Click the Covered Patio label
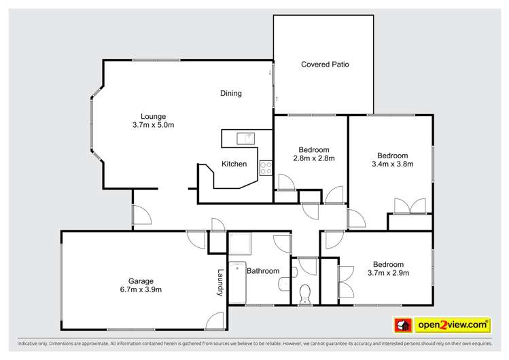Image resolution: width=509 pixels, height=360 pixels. click(x=325, y=65)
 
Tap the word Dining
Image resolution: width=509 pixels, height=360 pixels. click(x=231, y=94)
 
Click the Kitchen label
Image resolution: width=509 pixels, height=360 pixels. click(x=234, y=164)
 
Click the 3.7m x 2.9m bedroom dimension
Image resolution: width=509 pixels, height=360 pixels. click(x=388, y=273)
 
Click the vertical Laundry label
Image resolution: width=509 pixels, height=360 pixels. click(x=220, y=283)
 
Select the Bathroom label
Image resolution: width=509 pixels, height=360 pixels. click(x=262, y=271)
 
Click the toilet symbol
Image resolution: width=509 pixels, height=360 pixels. click(x=305, y=293)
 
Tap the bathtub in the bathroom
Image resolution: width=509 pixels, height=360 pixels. click(x=236, y=283)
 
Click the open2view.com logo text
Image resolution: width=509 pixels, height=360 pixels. click(x=453, y=325)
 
